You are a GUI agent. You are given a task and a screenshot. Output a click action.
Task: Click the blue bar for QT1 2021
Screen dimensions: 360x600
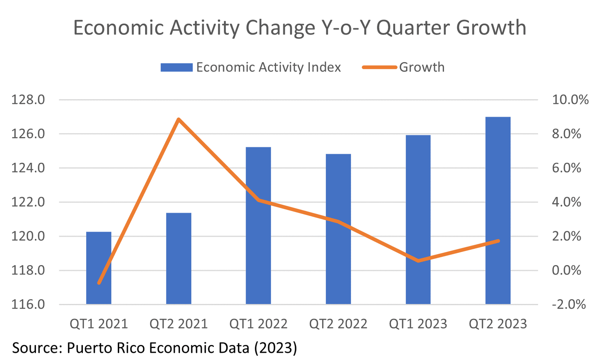[99, 268]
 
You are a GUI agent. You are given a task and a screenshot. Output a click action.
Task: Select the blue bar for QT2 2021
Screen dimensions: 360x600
[178, 258]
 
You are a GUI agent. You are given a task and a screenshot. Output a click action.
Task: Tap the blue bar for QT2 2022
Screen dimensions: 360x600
[338, 229]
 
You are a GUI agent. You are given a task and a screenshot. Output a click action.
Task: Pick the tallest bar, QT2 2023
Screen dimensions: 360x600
[498, 210]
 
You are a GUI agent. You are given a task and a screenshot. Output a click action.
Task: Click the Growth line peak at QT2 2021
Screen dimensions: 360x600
[178, 120]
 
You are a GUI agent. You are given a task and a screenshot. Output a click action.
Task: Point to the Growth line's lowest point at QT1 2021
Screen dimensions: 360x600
[99, 283]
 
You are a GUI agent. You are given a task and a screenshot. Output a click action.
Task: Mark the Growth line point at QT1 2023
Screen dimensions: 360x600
[418, 261]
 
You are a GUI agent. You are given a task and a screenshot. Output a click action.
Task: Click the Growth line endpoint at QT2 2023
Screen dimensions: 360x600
[498, 241]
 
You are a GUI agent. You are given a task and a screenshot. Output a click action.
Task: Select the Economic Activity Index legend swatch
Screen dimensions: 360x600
[176, 67]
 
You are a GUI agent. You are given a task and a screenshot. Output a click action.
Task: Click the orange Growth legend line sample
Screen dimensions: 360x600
[379, 67]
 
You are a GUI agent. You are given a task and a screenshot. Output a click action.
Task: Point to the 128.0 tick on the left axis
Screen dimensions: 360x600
[28, 100]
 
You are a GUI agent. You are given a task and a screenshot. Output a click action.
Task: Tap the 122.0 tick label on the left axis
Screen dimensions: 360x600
[28, 202]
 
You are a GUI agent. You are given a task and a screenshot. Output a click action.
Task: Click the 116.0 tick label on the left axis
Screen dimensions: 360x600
[28, 304]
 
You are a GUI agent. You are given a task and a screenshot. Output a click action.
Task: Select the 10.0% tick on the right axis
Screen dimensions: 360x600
[570, 100]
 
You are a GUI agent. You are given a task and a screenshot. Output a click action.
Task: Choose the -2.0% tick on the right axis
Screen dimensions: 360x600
[568, 304]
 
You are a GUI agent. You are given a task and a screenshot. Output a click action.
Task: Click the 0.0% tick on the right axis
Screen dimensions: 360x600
[566, 270]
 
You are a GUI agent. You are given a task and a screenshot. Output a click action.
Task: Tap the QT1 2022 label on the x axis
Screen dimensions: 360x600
[258, 324]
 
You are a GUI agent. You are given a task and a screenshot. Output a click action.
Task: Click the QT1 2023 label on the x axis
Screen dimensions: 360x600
[418, 324]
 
